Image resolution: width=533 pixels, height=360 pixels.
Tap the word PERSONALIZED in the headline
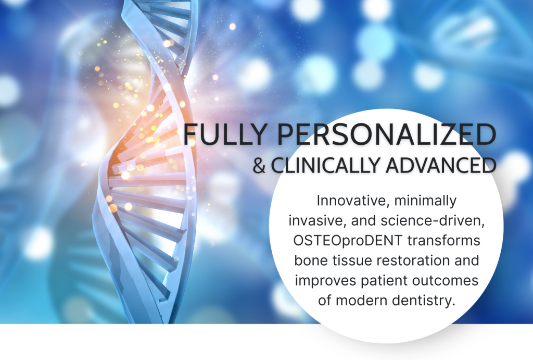(387, 134)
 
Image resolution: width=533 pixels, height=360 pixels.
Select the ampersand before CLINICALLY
(259, 165)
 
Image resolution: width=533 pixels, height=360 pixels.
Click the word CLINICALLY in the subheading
(325, 165)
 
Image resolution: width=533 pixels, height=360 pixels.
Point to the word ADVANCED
(441, 165)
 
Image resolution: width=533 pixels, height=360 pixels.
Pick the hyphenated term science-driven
(433, 220)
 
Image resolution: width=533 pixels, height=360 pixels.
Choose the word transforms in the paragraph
(444, 240)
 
